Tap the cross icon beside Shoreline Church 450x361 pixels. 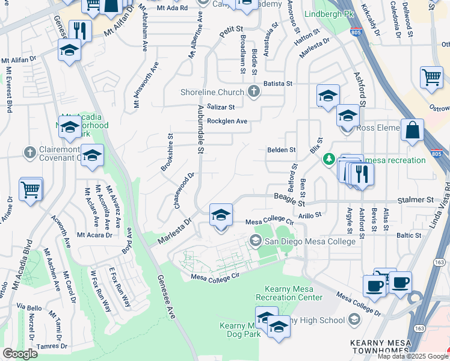click(254, 92)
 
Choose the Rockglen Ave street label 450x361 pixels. click(227, 121)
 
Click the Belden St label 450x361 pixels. click(282, 149)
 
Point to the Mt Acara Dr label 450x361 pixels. click(94, 235)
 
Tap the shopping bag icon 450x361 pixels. click(412, 131)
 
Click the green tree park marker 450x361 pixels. click(328, 159)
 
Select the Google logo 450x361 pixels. click(20, 354)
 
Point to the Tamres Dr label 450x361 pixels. click(51, 346)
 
